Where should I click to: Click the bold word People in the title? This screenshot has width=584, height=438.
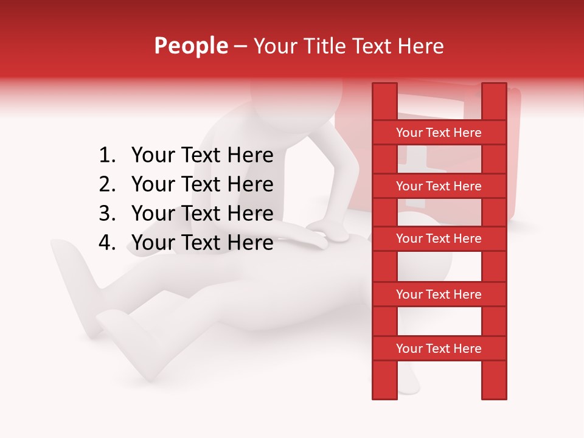pyautogui.click(x=190, y=46)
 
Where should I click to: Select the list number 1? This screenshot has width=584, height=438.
pyautogui.click(x=106, y=156)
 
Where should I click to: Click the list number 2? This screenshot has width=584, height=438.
pyautogui.click(x=106, y=184)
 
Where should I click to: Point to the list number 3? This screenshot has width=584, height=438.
pyautogui.click(x=106, y=214)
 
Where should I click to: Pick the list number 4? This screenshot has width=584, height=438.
pyautogui.click(x=106, y=243)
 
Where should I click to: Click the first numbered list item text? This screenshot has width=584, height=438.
pyautogui.click(x=202, y=156)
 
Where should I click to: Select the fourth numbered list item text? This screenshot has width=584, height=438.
pyautogui.click(x=202, y=243)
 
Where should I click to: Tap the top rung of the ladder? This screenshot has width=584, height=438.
pyautogui.click(x=439, y=133)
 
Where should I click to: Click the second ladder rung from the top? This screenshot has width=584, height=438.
pyautogui.click(x=439, y=186)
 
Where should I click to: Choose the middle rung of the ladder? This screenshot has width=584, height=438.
pyautogui.click(x=439, y=239)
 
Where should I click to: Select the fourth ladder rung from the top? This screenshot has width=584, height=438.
pyautogui.click(x=439, y=294)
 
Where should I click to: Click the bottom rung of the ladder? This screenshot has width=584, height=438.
pyautogui.click(x=439, y=349)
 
